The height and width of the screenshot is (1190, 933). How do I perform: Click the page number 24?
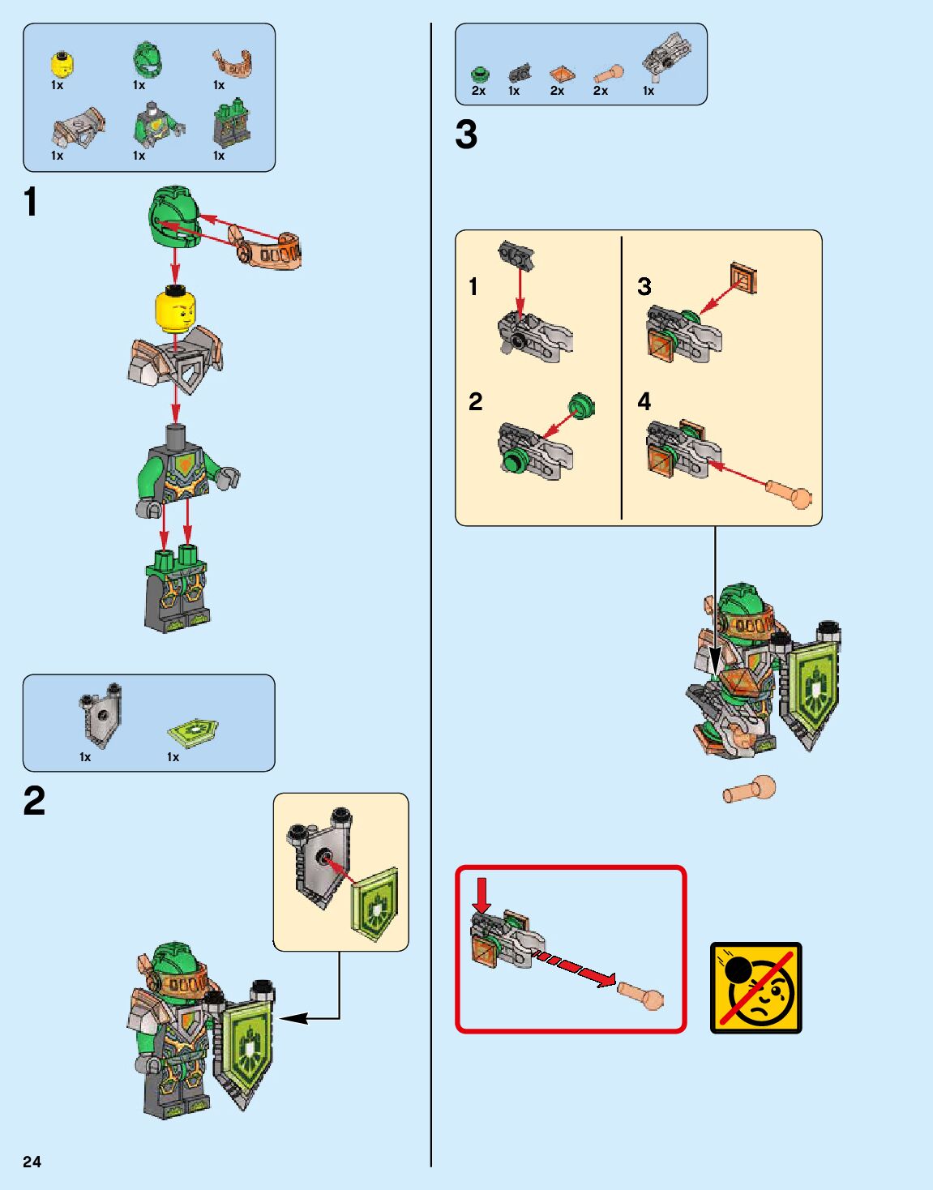pyautogui.click(x=32, y=1162)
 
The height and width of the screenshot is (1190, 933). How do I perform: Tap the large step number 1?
pyautogui.click(x=31, y=203)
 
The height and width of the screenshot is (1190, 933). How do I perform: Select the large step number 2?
pyautogui.click(x=34, y=802)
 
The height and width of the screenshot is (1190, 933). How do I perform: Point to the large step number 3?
pyautogui.click(x=466, y=135)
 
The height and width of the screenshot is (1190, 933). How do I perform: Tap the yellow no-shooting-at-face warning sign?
pyautogui.click(x=755, y=987)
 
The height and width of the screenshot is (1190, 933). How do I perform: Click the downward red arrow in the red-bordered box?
pyautogui.click(x=482, y=893)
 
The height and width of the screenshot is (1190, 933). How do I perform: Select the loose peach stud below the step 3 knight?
pyautogui.click(x=750, y=790)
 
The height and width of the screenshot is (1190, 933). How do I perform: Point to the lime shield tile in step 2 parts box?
pyautogui.click(x=193, y=731)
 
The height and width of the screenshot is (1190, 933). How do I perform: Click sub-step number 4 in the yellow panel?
pyautogui.click(x=644, y=401)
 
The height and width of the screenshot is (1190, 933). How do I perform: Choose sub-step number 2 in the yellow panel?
pyautogui.click(x=476, y=401)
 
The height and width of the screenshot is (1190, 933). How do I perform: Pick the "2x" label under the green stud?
pyautogui.click(x=478, y=91)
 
